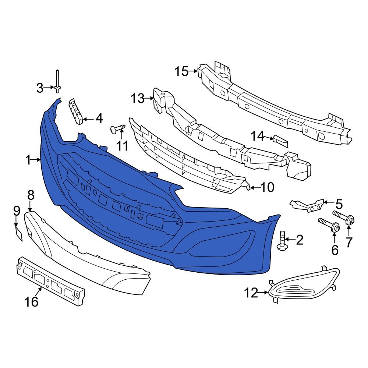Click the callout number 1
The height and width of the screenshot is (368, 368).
pos(28,160)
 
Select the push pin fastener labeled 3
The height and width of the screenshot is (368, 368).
pos(58,83)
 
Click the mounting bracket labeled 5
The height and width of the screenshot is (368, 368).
pos(307,205)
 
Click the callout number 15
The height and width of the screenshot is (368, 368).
pos(181,71)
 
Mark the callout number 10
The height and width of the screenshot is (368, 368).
pos(268,188)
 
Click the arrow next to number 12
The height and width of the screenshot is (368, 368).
pos(263,293)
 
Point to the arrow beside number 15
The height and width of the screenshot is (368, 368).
pos(193,71)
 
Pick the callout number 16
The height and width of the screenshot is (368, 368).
pos(32,302)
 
